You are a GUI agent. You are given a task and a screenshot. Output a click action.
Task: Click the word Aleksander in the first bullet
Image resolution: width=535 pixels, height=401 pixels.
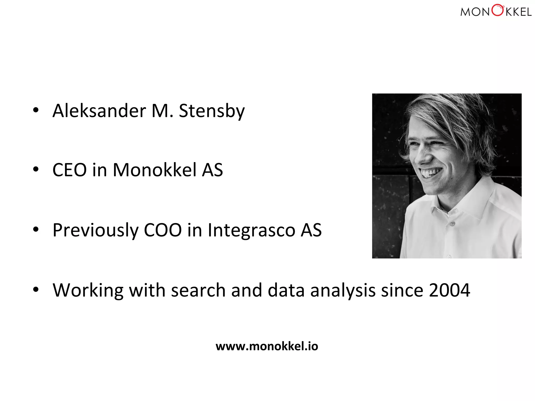click(99, 111)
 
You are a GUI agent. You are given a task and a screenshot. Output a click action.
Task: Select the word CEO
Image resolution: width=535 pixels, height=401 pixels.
click(69, 170)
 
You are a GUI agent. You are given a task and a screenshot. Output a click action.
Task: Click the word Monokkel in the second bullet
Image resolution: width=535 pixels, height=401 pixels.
click(154, 170)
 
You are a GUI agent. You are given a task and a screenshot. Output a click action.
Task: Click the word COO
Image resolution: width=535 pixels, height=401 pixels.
click(162, 230)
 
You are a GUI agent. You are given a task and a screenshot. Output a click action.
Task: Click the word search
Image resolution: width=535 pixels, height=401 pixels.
click(198, 291)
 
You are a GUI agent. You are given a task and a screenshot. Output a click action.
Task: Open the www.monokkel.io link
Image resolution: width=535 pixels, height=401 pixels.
click(267, 346)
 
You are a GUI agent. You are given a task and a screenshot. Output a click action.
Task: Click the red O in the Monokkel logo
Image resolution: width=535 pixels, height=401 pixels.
click(497, 10)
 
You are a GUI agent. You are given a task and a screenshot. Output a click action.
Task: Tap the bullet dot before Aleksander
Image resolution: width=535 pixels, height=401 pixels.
click(36, 110)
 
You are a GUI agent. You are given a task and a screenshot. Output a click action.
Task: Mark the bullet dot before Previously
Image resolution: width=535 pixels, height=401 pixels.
click(36, 229)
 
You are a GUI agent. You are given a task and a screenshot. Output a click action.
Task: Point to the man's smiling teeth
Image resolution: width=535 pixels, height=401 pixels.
click(431, 173)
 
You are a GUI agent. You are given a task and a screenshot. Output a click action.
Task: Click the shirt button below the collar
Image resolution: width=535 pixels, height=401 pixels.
click(452, 224)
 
